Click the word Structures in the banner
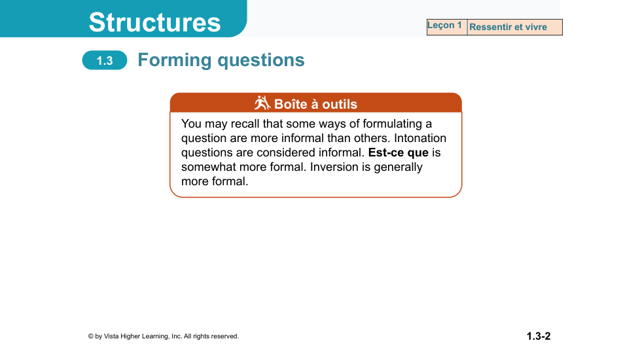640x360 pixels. [154, 22]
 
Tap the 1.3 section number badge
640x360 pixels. [105, 60]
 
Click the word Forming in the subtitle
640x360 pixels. [174, 60]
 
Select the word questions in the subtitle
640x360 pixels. [261, 61]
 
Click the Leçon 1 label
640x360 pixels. [444, 26]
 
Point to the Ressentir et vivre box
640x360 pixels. [515, 27]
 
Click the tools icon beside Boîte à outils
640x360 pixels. [262, 103]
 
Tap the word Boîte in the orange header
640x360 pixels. [291, 104]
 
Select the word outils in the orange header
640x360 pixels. [340, 104]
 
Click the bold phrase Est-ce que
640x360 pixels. [399, 153]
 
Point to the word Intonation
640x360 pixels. [420, 138]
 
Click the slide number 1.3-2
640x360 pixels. [539, 336]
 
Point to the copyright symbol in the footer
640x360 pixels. [90, 336]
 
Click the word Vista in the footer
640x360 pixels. [111, 336]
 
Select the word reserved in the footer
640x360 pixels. [225, 336]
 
